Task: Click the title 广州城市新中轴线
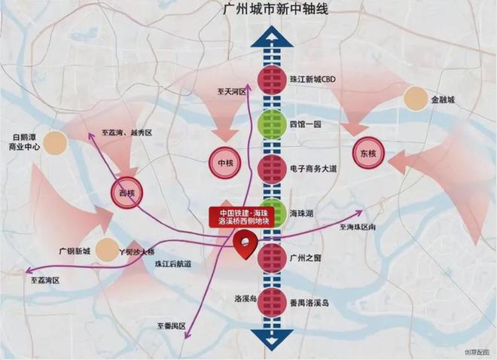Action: pyautogui.click(x=270, y=10)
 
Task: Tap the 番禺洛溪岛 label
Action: pyautogui.click(x=309, y=302)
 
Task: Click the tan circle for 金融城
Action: pyautogui.click(x=416, y=99)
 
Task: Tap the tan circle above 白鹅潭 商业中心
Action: pyautogui.click(x=55, y=142)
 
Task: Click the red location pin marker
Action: pyautogui.click(x=245, y=245)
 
